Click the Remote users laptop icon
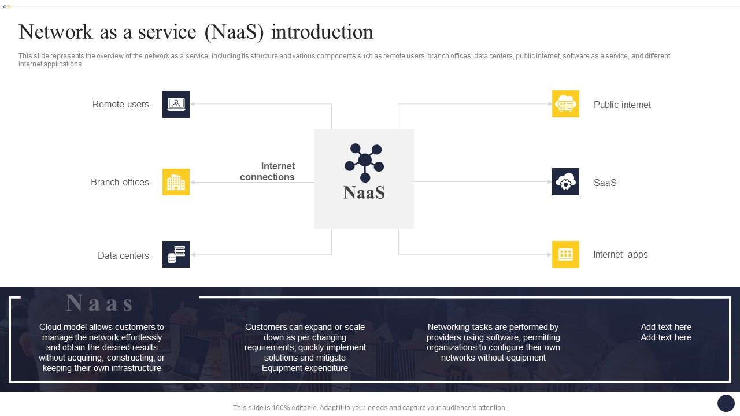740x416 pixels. click(x=176, y=104)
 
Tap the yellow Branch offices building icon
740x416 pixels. click(x=176, y=182)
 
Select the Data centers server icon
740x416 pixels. click(x=176, y=254)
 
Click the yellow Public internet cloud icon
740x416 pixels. click(x=565, y=104)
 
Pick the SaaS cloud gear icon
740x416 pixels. click(x=565, y=182)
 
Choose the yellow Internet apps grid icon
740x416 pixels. click(x=565, y=254)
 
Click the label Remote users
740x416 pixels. click(x=121, y=105)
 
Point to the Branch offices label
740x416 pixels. click(x=120, y=183)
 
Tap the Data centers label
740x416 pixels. click(x=123, y=255)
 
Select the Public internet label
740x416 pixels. click(x=622, y=105)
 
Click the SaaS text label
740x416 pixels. click(x=605, y=183)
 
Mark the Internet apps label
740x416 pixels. click(x=620, y=255)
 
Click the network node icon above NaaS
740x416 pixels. click(x=364, y=162)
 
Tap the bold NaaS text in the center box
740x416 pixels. click(x=364, y=192)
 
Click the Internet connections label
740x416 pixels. click(x=268, y=172)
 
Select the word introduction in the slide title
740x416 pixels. click(x=322, y=32)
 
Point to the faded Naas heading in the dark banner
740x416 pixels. click(x=99, y=303)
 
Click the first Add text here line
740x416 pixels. click(x=665, y=327)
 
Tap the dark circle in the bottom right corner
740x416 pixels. click(x=726, y=403)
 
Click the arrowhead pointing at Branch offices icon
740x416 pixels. click(x=193, y=182)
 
